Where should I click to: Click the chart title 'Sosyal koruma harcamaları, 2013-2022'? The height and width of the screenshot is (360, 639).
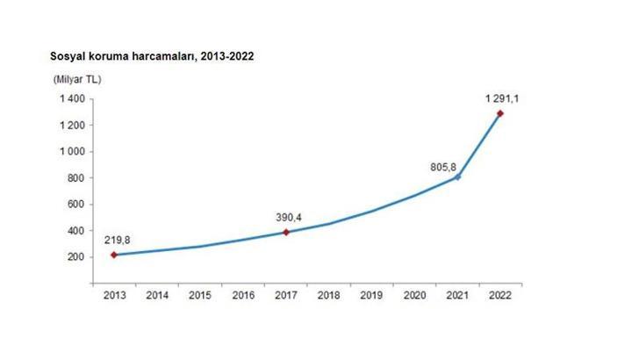152,55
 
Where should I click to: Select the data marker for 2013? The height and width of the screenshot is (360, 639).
113,255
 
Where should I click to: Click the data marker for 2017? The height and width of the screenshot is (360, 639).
286,232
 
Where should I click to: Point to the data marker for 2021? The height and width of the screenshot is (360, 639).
457,177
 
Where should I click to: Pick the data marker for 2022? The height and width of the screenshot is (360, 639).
500,113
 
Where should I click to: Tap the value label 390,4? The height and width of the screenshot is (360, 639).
288,214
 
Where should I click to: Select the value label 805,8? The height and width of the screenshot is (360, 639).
444,161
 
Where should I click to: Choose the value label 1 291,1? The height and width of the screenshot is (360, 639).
502,98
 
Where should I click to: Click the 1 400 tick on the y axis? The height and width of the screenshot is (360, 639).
73,99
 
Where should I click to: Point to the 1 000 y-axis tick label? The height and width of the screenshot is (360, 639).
73,152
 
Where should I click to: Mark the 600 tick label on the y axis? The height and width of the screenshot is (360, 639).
76,205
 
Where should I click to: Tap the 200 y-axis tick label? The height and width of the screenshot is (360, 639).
76,257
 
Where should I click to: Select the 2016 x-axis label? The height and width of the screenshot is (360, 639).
243,296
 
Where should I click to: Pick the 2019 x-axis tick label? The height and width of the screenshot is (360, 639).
371,296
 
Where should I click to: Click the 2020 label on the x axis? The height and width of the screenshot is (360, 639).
414,296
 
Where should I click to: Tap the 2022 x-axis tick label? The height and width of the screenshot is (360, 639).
500,296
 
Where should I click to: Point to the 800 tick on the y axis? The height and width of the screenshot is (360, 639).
76,178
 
